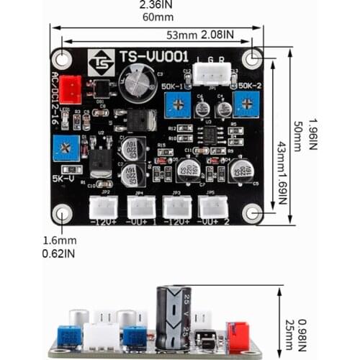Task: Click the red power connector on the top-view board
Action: [70, 89]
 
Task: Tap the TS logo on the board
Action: [100, 62]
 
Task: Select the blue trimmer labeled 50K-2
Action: [247, 107]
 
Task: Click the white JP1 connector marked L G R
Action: [216, 73]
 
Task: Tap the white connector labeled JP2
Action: [102, 207]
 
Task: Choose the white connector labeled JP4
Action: [140, 207]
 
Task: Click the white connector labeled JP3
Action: [176, 207]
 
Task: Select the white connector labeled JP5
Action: [212, 207]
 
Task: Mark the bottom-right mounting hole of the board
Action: [252, 213]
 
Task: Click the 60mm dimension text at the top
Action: [158, 17]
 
